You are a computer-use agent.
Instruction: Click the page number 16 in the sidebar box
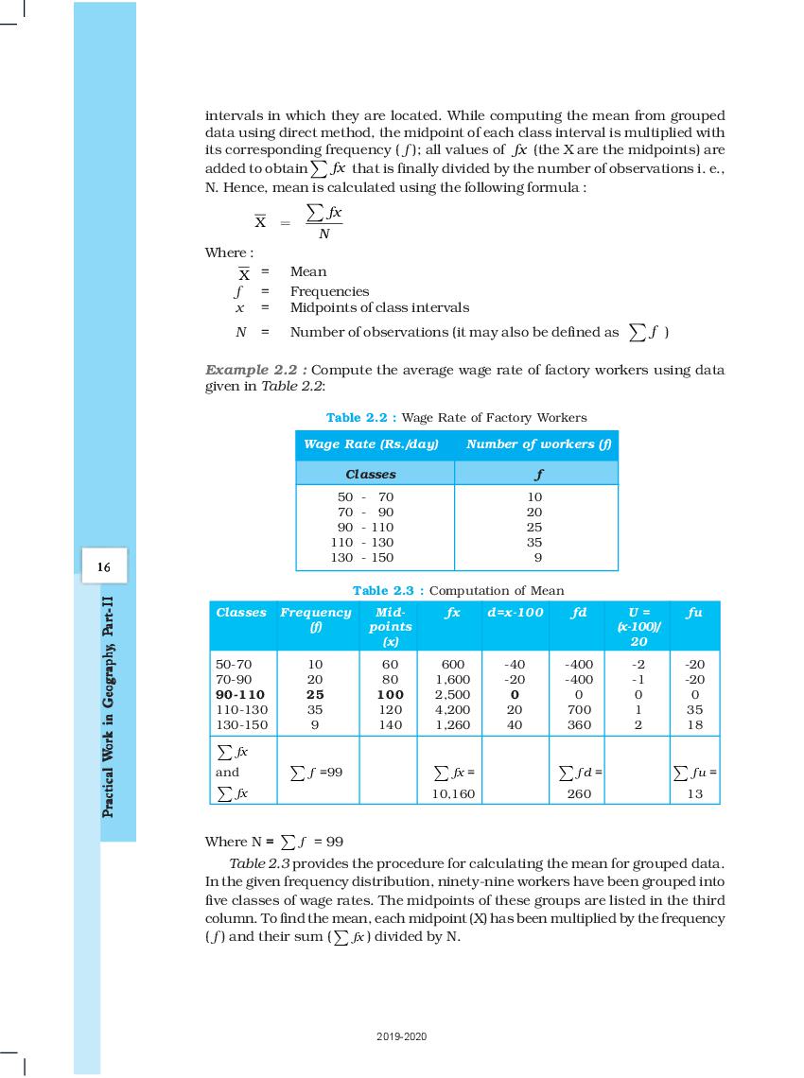104,567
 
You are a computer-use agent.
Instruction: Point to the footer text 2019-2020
401,1037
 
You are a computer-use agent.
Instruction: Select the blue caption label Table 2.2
361,417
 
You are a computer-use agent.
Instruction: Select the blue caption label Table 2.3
388,590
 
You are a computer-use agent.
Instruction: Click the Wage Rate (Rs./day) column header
371,444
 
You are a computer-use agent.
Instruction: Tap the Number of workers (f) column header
536,444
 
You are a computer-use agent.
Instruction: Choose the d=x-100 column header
516,613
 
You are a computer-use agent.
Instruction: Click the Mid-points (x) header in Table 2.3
390,626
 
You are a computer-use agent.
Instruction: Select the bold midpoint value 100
390,694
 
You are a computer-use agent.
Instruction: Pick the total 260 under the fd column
579,795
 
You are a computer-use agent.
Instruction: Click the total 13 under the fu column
695,795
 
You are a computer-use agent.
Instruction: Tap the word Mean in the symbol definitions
308,271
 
